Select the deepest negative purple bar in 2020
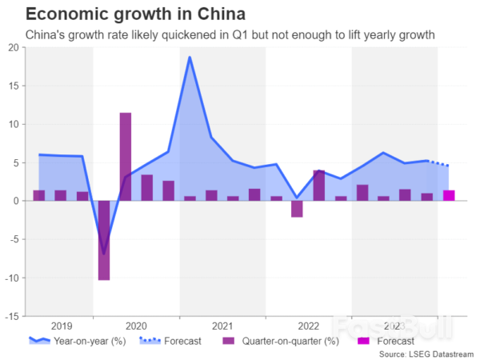[x=104, y=240]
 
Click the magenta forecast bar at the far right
[x=449, y=195]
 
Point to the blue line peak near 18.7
[x=190, y=58]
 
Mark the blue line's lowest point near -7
[x=104, y=254]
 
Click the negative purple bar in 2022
[x=297, y=209]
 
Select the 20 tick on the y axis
[x=14, y=47]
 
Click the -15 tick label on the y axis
[x=12, y=316]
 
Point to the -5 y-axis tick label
[x=14, y=239]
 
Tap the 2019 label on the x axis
[x=61, y=326]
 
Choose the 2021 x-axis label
[x=222, y=326]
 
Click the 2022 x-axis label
[x=308, y=326]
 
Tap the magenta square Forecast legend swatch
[x=362, y=342]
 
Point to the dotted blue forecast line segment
[x=438, y=163]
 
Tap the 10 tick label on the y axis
[x=14, y=124]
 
